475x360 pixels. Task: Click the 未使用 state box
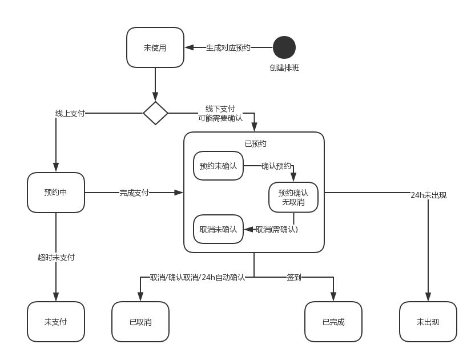tap(155, 47)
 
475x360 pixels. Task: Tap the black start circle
tap(284, 47)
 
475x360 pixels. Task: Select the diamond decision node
tap(155, 113)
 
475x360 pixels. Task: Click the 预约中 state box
tap(56, 193)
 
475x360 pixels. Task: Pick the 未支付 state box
tap(56, 322)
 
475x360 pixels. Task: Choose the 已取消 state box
tap(140, 322)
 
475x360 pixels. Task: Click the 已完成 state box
tap(333, 322)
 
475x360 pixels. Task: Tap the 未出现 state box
tap(428, 322)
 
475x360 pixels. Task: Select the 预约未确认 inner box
tap(218, 166)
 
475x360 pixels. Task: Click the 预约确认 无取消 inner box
tap(293, 197)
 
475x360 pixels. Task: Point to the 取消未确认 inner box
tap(218, 229)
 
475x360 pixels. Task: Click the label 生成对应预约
tap(228, 48)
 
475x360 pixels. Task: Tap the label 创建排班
tap(284, 67)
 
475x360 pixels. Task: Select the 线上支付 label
tap(70, 113)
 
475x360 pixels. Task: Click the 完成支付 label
tap(134, 193)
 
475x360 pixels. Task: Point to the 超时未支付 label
tap(56, 257)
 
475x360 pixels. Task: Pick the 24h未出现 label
tap(428, 195)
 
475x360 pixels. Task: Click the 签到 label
tap(294, 277)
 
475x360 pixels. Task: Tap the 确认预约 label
tap(276, 166)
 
